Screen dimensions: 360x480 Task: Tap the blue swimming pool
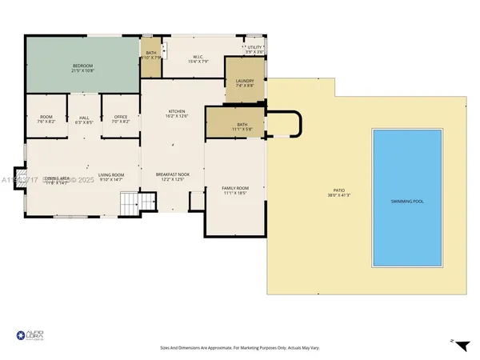click(x=407, y=198)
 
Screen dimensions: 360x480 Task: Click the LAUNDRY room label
click(x=245, y=83)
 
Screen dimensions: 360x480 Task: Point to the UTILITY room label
click(x=254, y=50)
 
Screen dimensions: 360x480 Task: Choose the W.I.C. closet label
click(x=200, y=58)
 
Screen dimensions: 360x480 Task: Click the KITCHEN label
click(x=177, y=114)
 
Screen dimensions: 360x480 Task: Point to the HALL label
click(x=84, y=119)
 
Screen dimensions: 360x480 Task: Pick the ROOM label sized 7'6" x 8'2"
click(x=46, y=119)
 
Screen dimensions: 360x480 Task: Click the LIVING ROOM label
click(x=110, y=177)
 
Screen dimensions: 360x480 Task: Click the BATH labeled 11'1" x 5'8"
click(x=242, y=126)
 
